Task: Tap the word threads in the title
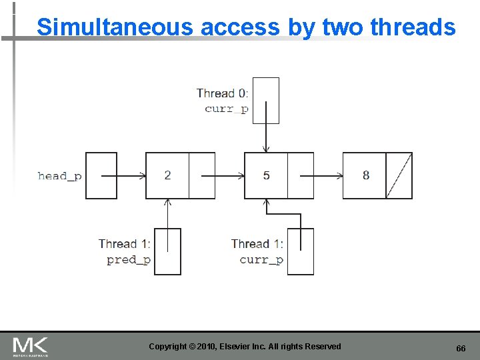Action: click(x=413, y=27)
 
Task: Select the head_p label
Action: click(x=60, y=176)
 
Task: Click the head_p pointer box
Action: click(x=101, y=175)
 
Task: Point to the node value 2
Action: click(x=167, y=175)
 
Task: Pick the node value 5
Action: click(x=266, y=175)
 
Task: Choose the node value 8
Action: click(x=365, y=175)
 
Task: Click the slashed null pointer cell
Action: click(x=399, y=175)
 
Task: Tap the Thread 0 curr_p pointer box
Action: click(x=266, y=101)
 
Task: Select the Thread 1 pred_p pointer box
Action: click(x=167, y=251)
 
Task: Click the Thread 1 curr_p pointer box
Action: click(x=301, y=251)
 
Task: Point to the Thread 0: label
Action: click(x=223, y=93)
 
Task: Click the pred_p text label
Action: click(x=129, y=260)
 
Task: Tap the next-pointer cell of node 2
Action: click(x=202, y=175)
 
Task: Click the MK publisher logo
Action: click(x=30, y=346)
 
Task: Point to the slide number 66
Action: click(x=460, y=349)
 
